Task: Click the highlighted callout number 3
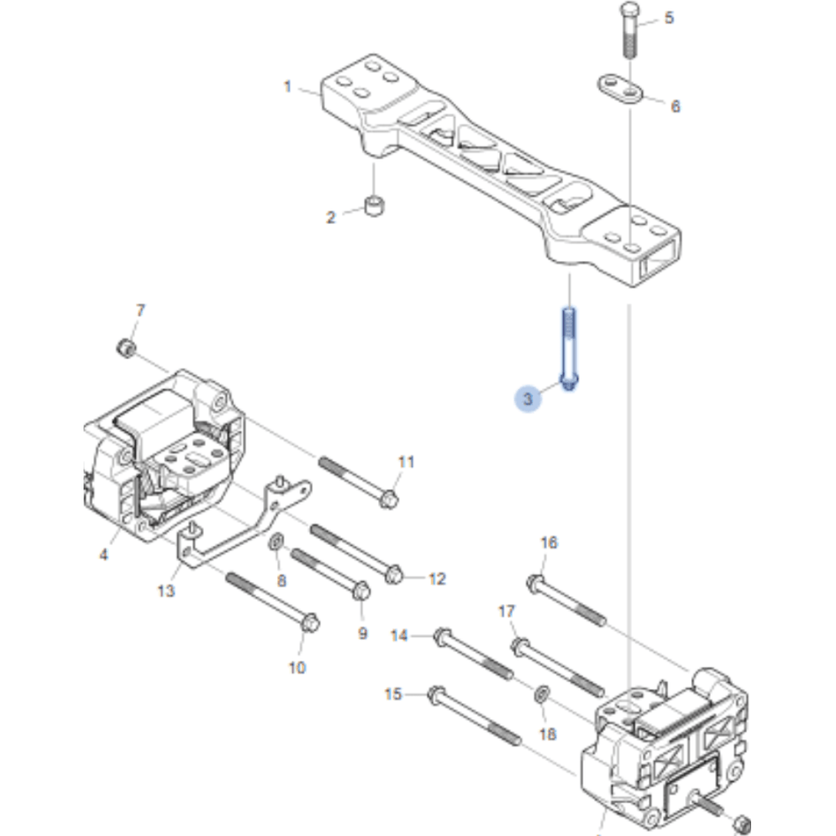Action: pyautogui.click(x=528, y=399)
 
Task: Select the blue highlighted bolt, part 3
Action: pyautogui.click(x=569, y=348)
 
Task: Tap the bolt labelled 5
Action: pyautogui.click(x=628, y=31)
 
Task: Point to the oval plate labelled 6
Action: pyautogui.click(x=619, y=88)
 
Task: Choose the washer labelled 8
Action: pyautogui.click(x=276, y=541)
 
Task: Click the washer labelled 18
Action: pyautogui.click(x=541, y=694)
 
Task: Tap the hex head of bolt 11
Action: pyautogui.click(x=389, y=498)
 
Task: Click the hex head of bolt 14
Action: pyautogui.click(x=441, y=636)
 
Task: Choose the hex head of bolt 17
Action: pyautogui.click(x=518, y=647)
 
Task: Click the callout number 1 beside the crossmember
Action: pyautogui.click(x=287, y=87)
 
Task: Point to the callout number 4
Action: pyautogui.click(x=104, y=555)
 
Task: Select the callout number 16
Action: pyautogui.click(x=549, y=542)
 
